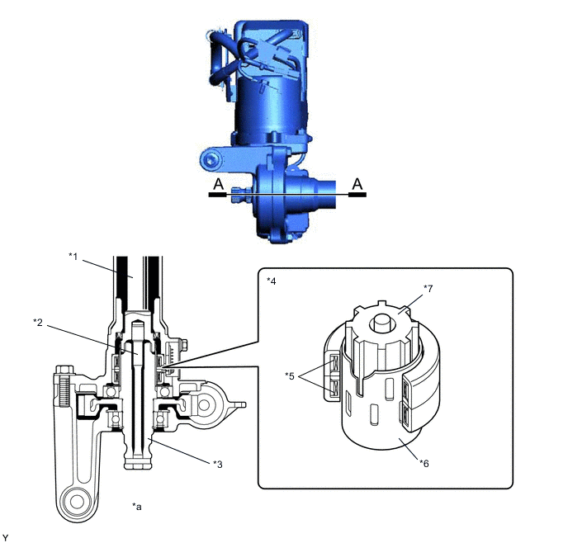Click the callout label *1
coord(73,257)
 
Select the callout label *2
coord(38,322)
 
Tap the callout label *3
coord(218,464)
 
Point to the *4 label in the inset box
coord(272,281)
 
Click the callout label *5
coord(290,376)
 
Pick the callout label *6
coord(424,463)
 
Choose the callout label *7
coord(428,289)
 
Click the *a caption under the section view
coord(137,507)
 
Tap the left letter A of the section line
coord(218,184)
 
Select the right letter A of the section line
coord(357,184)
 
